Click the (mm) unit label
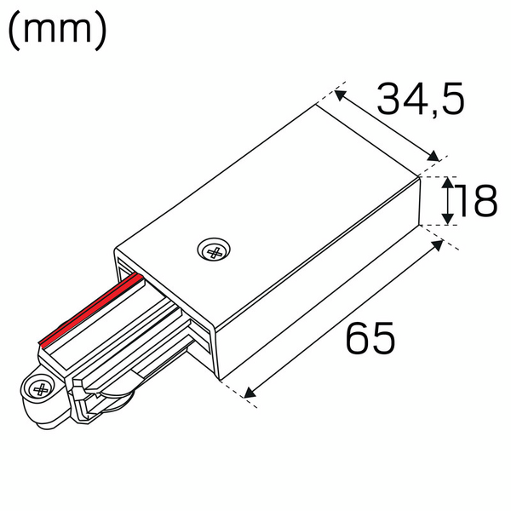click(58, 32)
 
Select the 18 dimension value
click(474, 202)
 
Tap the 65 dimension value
click(370, 339)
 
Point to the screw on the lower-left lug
click(39, 388)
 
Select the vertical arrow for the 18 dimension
click(447, 202)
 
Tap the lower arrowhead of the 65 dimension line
click(248, 393)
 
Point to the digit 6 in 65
click(358, 339)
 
